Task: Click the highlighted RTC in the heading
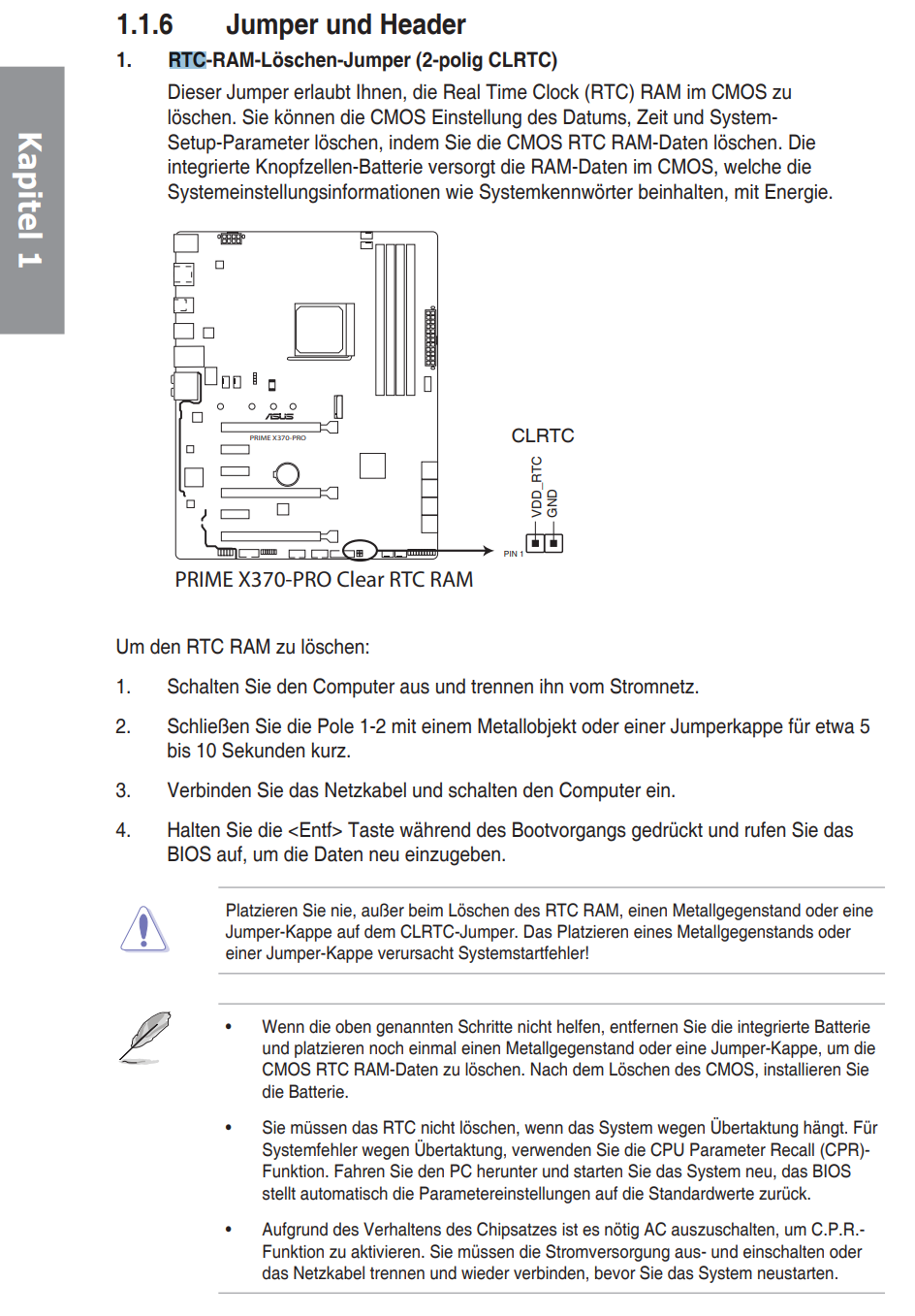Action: click(x=187, y=60)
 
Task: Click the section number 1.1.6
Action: click(x=144, y=24)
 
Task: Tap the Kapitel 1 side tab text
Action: click(x=30, y=200)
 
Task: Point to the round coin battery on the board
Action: click(x=287, y=473)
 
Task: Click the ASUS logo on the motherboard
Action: click(x=279, y=417)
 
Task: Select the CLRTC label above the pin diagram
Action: click(x=542, y=435)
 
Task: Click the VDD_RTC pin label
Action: click(x=536, y=487)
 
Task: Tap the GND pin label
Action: click(x=552, y=503)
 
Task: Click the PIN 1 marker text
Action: click(x=513, y=554)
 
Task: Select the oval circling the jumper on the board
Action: click(x=360, y=552)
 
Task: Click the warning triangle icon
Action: click(x=144, y=930)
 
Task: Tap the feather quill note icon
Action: click(x=145, y=1036)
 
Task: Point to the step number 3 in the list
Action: click(x=123, y=790)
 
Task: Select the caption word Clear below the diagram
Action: click(x=360, y=580)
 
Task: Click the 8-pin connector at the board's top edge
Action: click(x=230, y=238)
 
